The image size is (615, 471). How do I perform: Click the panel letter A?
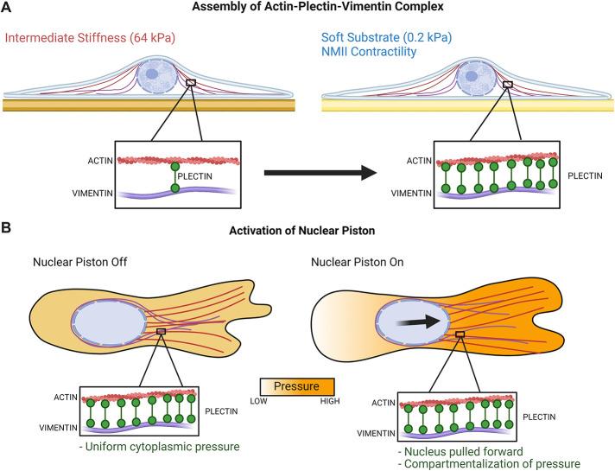[7, 9]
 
